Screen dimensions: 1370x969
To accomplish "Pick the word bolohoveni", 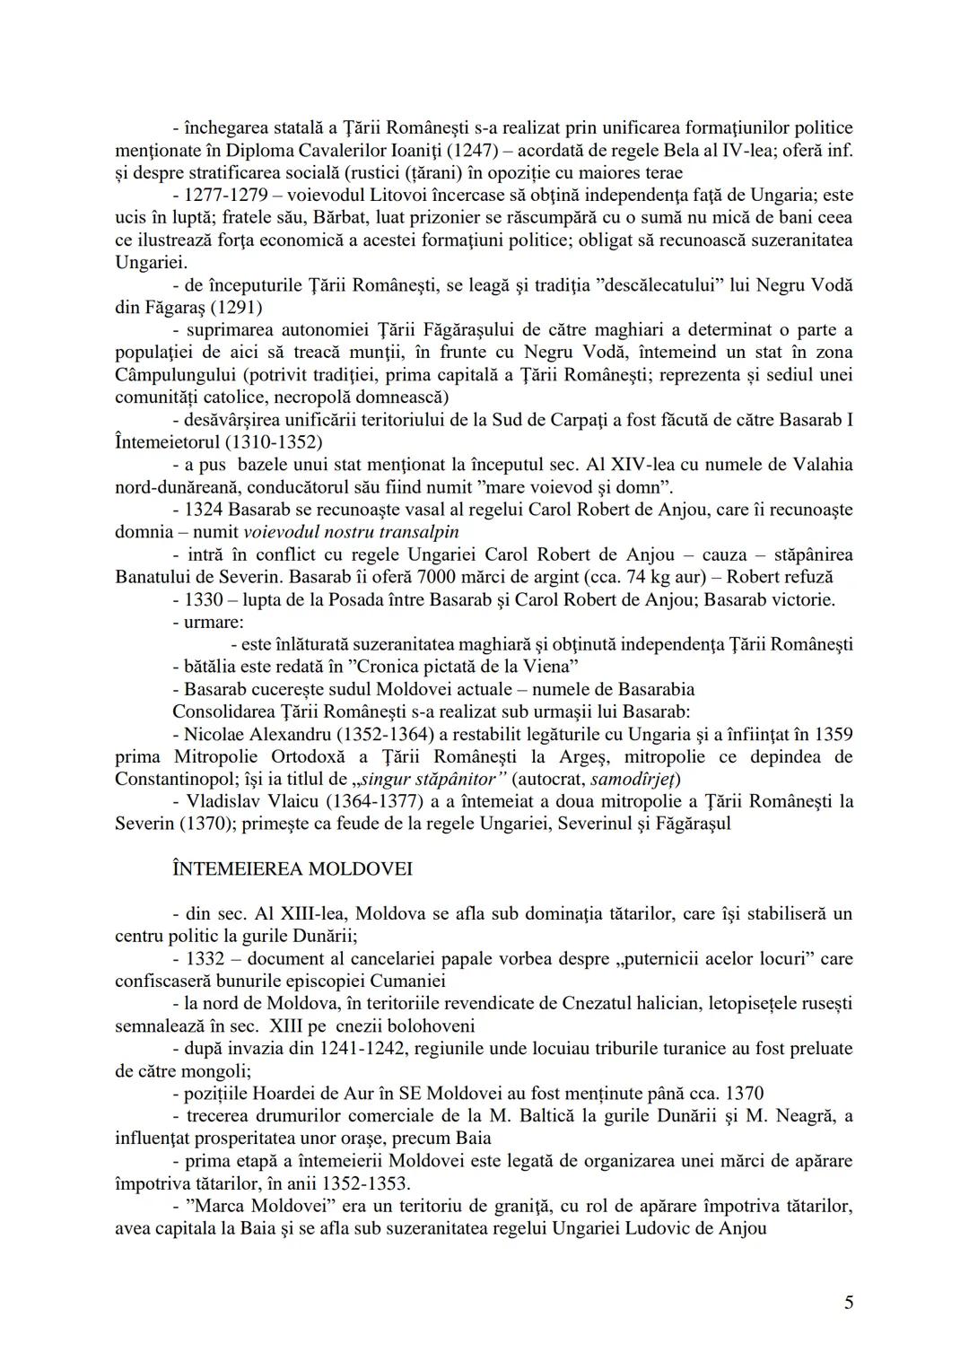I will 432,1025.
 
